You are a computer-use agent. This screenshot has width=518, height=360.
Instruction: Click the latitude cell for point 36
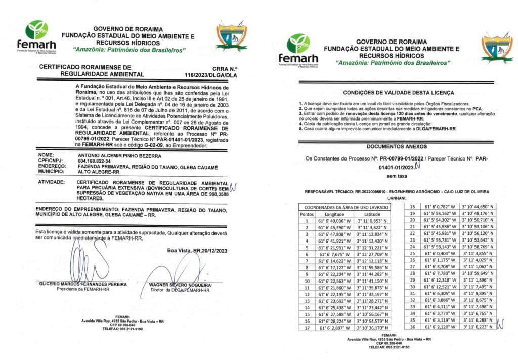(476, 327)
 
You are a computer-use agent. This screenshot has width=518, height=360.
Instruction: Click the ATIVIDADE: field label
(52, 181)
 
